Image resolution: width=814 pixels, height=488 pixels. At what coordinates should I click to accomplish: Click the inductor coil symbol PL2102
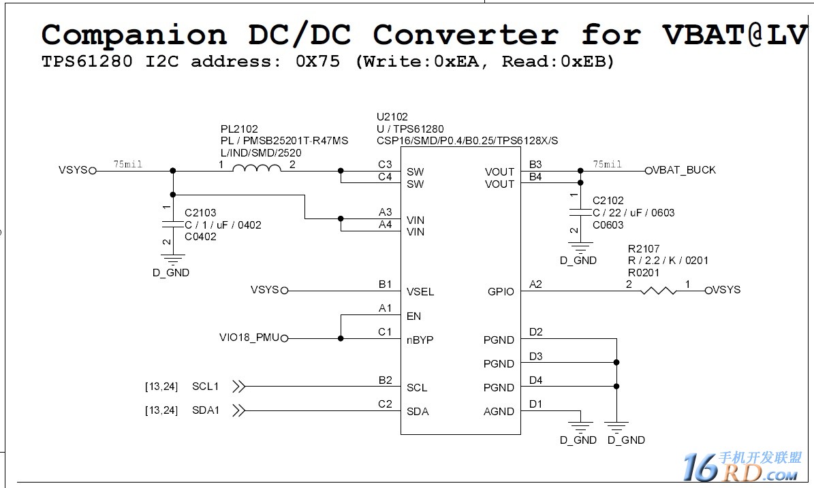256,170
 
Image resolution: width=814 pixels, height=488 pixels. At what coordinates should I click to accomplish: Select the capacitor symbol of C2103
173,225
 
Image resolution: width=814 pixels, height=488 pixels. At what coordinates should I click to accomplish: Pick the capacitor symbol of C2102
580,212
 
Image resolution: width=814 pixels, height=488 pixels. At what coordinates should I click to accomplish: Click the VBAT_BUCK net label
684,170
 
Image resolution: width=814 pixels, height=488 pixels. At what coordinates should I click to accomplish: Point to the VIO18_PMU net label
249,338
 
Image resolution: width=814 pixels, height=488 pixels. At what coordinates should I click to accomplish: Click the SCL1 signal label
206,387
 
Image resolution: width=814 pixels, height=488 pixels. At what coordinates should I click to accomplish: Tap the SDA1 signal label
206,410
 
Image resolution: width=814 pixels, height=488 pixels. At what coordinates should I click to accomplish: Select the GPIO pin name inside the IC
501,291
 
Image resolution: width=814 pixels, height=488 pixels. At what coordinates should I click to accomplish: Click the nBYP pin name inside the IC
420,340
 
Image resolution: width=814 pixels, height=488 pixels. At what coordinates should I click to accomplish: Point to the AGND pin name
499,411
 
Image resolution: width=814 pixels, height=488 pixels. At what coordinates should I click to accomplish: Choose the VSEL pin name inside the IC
420,291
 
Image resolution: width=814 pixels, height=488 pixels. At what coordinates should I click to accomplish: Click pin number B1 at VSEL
386,284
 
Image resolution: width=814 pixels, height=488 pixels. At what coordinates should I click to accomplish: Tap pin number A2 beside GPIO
535,284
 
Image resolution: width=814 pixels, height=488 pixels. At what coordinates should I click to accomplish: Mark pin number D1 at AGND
535,404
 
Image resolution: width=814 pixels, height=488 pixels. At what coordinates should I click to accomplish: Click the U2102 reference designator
392,117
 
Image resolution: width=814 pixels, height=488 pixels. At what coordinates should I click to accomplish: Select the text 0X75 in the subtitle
317,61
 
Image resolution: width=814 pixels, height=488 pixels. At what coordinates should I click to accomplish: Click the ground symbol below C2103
172,259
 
